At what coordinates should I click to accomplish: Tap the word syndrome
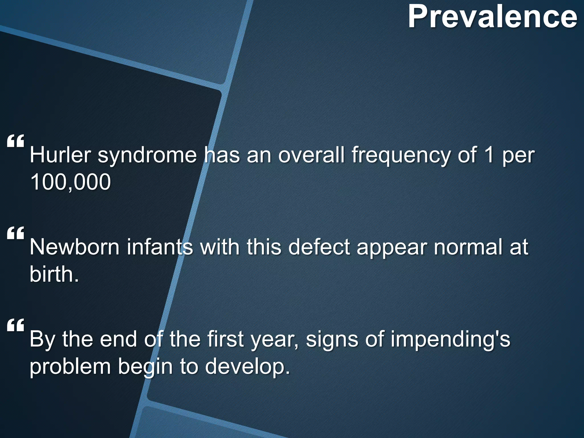tap(147, 155)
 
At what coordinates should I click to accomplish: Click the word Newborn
tap(74, 247)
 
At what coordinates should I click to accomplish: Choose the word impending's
tap(450, 339)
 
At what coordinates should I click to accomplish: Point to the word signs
tap(331, 339)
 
